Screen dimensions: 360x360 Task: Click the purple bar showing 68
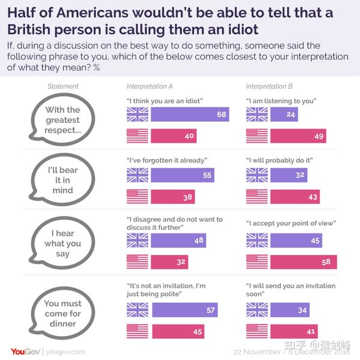click(x=190, y=114)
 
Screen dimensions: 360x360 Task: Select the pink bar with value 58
click(x=304, y=262)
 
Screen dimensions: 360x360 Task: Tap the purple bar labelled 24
click(x=285, y=114)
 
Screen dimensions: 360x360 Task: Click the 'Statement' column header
click(x=63, y=87)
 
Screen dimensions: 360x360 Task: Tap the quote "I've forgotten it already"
click(x=163, y=160)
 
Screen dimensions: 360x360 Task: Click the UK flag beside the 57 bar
click(x=137, y=309)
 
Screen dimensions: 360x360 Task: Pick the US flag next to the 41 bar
click(x=257, y=331)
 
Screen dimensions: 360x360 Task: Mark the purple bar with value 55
click(x=181, y=175)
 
